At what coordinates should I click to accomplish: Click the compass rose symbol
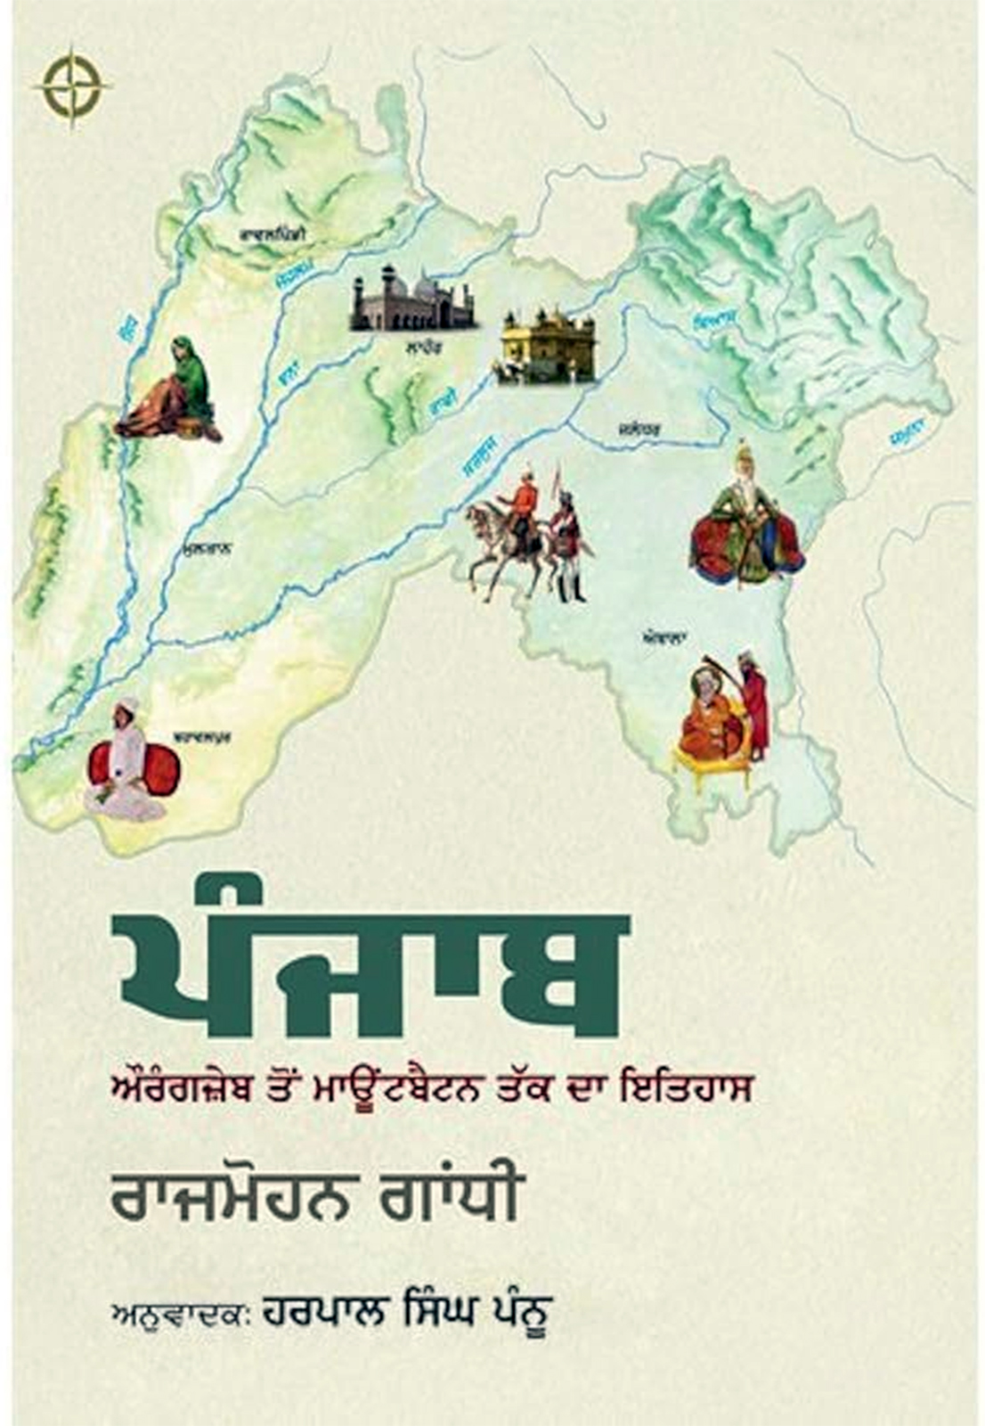[x=74, y=86]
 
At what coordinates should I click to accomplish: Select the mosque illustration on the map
[x=412, y=298]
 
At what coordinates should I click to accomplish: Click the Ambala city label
[x=663, y=638]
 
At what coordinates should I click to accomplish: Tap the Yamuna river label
[x=908, y=437]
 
